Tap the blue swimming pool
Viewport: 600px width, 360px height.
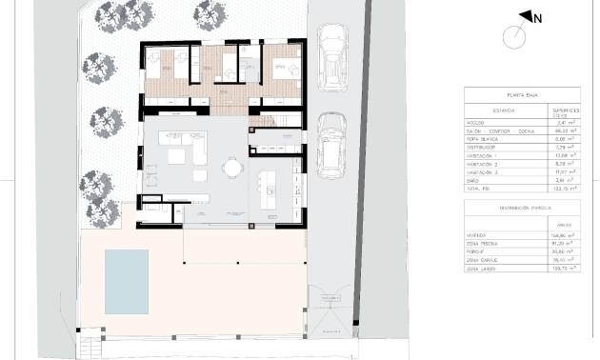click(126, 280)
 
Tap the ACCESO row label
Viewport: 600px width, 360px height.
click(476, 123)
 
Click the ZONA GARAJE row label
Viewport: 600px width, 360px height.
click(482, 259)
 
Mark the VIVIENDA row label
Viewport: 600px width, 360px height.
click(477, 234)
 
